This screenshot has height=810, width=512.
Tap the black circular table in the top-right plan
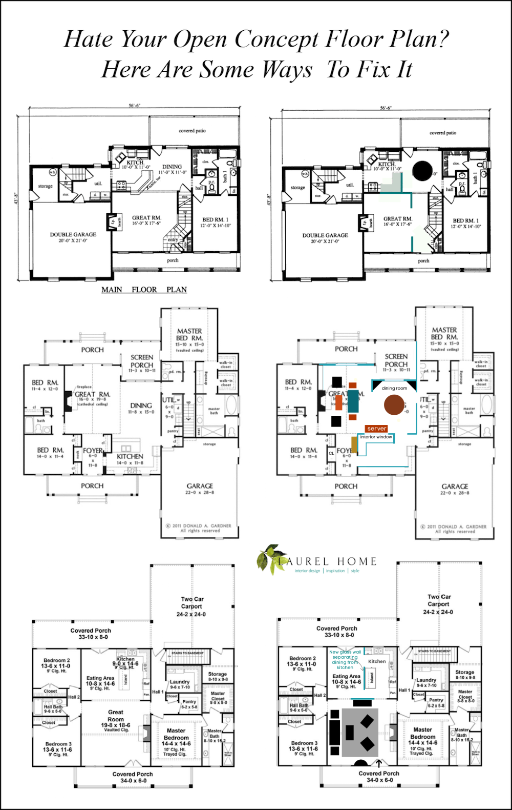[x=422, y=171]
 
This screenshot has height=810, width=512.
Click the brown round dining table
[x=394, y=404]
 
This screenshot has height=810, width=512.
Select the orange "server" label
[x=376, y=429]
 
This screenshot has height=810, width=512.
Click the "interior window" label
[x=376, y=437]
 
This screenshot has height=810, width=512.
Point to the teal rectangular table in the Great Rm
[x=353, y=401]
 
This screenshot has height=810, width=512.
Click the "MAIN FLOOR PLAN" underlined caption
[x=144, y=290]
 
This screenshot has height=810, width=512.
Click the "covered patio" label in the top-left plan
[x=192, y=131]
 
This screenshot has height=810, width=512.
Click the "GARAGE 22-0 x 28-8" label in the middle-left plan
[x=200, y=489]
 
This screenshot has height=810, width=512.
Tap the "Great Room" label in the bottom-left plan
[x=116, y=715]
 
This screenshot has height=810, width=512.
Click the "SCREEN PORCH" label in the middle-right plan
[x=396, y=360]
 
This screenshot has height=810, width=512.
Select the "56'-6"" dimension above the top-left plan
[x=134, y=106]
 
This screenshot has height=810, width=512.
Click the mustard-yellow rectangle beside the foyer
[x=354, y=444]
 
